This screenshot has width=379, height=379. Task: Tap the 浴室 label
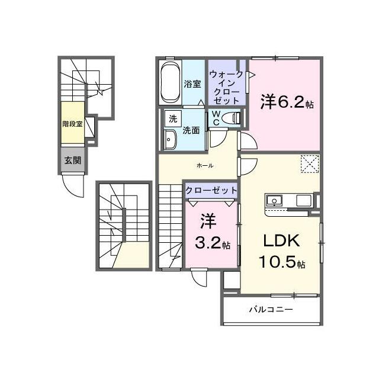[192, 84]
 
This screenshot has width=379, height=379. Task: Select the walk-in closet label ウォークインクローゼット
[226, 87]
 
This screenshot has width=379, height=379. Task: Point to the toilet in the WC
[230, 118]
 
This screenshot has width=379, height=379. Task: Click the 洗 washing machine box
[173, 118]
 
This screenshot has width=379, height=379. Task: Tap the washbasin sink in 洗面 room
[170, 140]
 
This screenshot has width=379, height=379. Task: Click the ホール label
[205, 166]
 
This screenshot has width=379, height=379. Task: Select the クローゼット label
[211, 191]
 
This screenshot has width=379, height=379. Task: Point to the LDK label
[282, 241]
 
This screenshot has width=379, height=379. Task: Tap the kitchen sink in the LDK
[274, 201]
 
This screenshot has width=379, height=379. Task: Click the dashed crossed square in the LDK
[310, 164]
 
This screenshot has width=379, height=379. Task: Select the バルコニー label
[271, 309]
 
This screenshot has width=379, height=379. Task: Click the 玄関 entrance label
[72, 160]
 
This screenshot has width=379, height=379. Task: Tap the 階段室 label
[72, 124]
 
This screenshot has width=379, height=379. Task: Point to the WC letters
[216, 118]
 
